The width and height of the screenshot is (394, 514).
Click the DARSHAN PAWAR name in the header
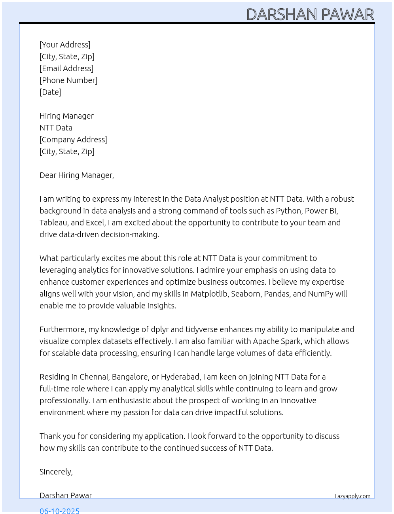310,15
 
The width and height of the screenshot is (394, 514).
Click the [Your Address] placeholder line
65,45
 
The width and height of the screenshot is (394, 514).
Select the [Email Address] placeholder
66,68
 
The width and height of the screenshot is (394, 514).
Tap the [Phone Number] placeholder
68,80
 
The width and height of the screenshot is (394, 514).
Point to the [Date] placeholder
50,92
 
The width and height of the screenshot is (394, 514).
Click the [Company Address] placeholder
73,140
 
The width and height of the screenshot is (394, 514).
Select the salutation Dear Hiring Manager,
77,175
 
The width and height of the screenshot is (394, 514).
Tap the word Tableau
53,223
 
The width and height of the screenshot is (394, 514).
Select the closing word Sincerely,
56,472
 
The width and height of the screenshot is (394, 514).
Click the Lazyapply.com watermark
352,496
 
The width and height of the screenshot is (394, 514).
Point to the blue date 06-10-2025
59,510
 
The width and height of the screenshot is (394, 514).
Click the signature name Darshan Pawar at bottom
66,495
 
